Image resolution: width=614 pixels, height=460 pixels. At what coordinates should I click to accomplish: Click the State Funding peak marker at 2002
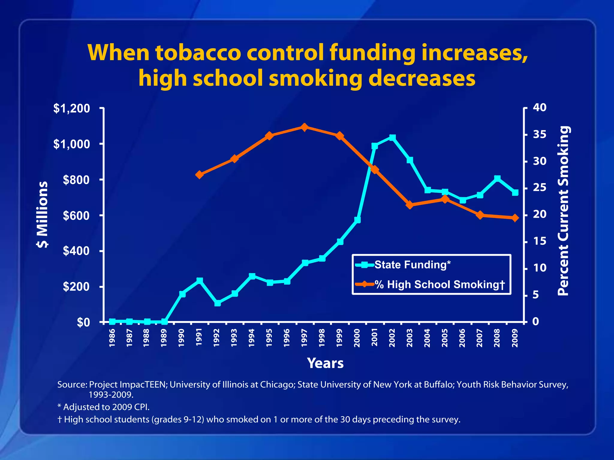click(392, 137)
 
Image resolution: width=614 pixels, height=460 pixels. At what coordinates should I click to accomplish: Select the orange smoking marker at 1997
click(304, 127)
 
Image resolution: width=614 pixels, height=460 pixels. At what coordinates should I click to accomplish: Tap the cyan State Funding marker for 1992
click(218, 303)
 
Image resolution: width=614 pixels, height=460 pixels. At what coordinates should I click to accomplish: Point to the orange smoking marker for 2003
click(410, 205)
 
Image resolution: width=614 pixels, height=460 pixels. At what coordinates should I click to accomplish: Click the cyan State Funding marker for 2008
click(497, 178)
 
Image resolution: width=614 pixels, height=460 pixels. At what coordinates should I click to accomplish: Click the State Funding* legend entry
click(412, 265)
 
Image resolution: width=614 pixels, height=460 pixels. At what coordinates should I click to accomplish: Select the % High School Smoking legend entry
click(440, 284)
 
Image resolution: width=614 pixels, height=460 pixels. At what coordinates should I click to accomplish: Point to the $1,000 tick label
click(72, 144)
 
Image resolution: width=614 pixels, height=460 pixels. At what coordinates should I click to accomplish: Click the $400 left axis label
click(76, 251)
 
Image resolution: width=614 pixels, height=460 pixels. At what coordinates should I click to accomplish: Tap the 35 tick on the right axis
click(539, 134)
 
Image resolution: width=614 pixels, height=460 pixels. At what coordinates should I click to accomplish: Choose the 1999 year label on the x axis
click(339, 338)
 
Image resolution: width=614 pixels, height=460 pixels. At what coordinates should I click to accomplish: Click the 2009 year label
click(515, 338)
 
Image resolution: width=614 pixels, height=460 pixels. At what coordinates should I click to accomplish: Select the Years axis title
click(325, 363)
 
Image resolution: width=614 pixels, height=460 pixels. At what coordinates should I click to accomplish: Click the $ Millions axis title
click(42, 214)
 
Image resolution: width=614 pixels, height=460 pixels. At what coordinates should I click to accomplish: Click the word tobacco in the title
click(198, 53)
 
